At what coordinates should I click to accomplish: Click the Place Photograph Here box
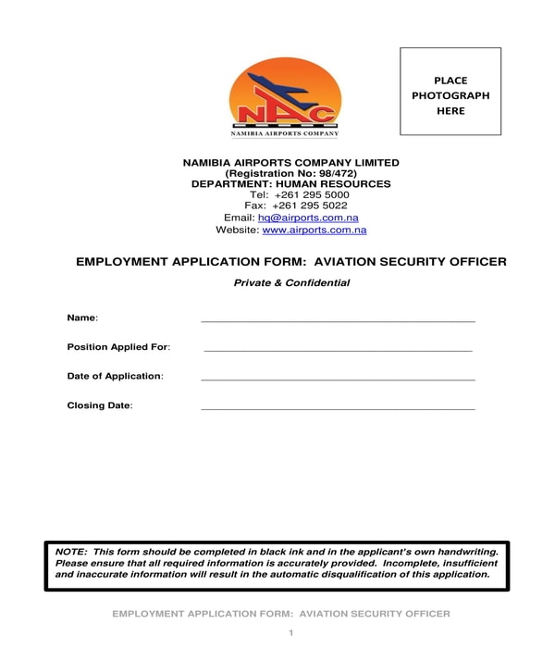pyautogui.click(x=450, y=92)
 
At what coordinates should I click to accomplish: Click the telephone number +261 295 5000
pyautogui.click(x=312, y=195)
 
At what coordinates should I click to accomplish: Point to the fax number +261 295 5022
pyautogui.click(x=315, y=206)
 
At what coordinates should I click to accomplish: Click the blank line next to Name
pyautogui.click(x=338, y=319)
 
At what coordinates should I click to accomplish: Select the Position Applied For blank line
pyautogui.click(x=338, y=349)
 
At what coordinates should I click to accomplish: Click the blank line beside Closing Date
pyautogui.click(x=338, y=407)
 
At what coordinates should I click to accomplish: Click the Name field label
pyautogui.click(x=81, y=318)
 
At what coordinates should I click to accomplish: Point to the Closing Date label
pyautogui.click(x=99, y=405)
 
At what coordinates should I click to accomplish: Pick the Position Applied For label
pyautogui.click(x=117, y=347)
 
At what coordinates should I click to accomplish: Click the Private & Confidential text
pyautogui.click(x=291, y=283)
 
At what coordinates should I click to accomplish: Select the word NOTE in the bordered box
pyautogui.click(x=70, y=552)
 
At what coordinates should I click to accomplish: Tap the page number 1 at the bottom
pyautogui.click(x=290, y=632)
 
